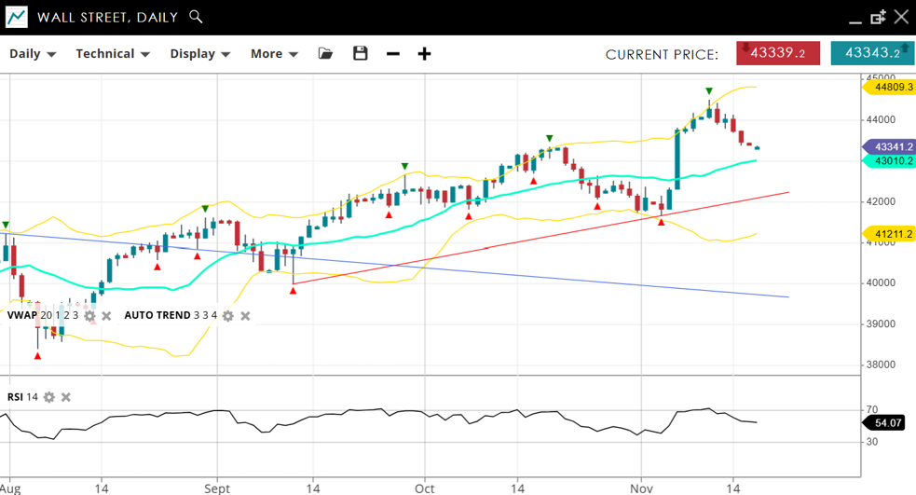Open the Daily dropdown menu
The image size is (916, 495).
click(x=33, y=54)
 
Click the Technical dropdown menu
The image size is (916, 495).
click(x=113, y=54)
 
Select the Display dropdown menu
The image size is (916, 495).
click(x=199, y=54)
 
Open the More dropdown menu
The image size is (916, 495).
click(x=274, y=54)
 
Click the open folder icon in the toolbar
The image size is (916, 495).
click(x=325, y=54)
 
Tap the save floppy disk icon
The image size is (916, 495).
click(x=361, y=54)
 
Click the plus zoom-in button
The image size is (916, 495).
click(x=424, y=54)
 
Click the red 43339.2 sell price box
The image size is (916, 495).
click(x=778, y=53)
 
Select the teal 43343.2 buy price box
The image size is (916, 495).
click(x=872, y=53)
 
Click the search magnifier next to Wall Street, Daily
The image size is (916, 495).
click(x=195, y=17)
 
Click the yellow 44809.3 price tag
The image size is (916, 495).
click(x=893, y=87)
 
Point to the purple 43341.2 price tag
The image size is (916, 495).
click(x=893, y=146)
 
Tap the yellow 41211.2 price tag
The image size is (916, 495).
click(x=893, y=233)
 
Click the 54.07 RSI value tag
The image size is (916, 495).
click(x=890, y=423)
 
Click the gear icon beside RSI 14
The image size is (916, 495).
click(x=49, y=397)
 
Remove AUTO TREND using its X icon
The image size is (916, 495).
click(x=245, y=316)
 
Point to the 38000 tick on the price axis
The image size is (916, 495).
click(x=880, y=364)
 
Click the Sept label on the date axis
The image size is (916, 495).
click(x=216, y=488)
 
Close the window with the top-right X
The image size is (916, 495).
click(x=900, y=17)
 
